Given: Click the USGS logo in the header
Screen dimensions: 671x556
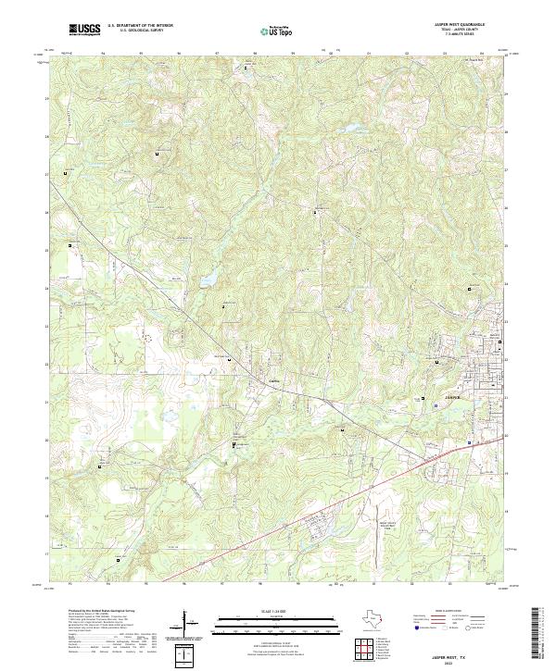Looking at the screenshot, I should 84,30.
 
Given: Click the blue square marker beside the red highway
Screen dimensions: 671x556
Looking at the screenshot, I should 470,442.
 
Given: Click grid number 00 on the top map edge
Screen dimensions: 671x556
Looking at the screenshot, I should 332,54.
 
